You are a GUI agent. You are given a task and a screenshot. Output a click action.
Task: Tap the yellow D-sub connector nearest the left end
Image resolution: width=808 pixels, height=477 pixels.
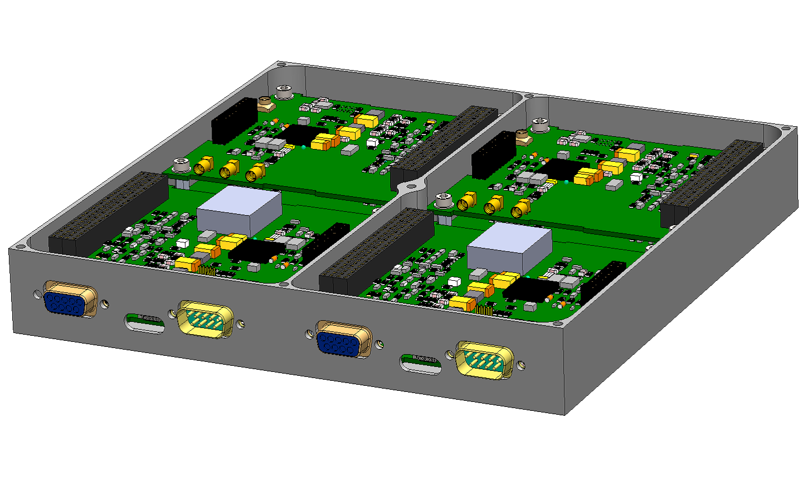[x=205, y=320]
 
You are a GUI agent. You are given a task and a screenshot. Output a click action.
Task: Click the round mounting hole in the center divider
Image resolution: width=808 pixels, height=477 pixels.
[x=412, y=187]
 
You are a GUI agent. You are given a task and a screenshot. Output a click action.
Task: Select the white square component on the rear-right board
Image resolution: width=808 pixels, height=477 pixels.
[x=636, y=177]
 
